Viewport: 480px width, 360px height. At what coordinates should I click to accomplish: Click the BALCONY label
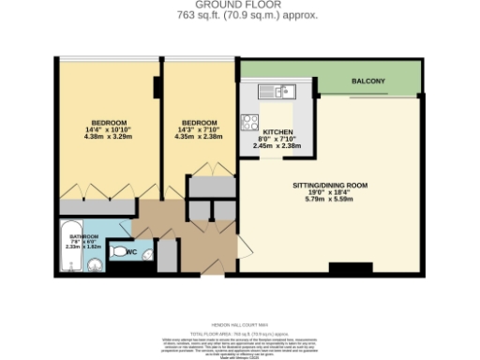point(368,82)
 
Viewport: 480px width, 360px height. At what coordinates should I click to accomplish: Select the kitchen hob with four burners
point(251,121)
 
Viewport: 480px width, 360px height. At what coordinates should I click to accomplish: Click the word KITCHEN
point(278,132)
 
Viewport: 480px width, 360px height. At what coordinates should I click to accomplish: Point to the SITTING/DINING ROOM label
point(327,186)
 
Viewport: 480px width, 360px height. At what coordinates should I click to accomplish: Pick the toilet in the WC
point(119,251)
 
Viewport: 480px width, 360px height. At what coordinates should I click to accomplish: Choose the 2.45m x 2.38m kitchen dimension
point(278,145)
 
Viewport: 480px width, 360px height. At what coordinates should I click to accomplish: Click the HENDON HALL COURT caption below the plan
point(239,322)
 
